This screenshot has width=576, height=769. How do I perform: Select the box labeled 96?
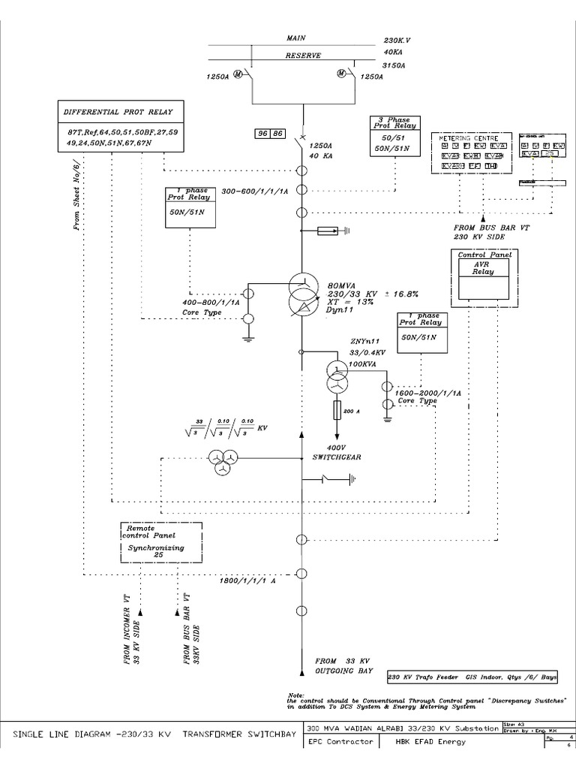click(x=262, y=134)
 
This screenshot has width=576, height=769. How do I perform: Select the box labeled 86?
click(x=277, y=134)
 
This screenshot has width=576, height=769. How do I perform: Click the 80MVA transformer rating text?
click(x=341, y=285)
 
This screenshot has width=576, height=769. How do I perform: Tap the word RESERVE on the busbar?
click(x=303, y=55)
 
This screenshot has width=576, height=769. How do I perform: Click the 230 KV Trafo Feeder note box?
click(x=473, y=677)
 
